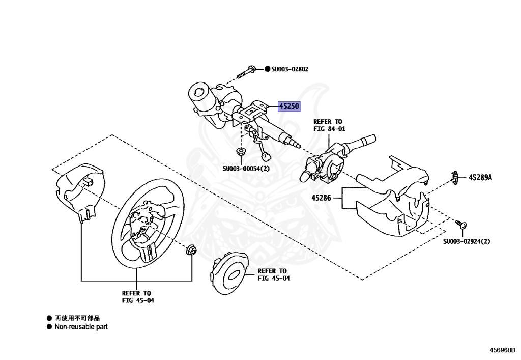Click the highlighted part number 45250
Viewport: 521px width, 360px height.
pos(288,106)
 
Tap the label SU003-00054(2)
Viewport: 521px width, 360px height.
pos(246,169)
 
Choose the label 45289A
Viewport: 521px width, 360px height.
pos(481,178)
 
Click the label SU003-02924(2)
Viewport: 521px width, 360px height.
pos(467,241)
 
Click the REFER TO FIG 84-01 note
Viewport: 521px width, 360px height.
pos(328,125)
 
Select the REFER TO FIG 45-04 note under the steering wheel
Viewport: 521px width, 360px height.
pos(137,297)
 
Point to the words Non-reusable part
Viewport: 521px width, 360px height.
pos(81,327)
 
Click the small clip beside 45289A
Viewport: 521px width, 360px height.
pos(454,177)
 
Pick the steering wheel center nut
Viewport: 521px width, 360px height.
pos(192,250)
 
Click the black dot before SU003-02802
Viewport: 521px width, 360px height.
pos(267,69)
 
